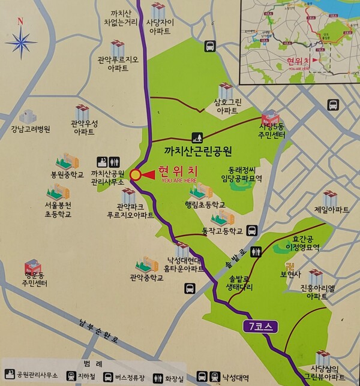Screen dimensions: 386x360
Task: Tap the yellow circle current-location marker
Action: tap(136, 174)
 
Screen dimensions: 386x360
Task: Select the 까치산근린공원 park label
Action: tap(197, 150)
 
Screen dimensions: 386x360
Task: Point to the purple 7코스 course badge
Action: tap(260, 327)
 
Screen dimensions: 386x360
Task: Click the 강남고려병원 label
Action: tap(30, 129)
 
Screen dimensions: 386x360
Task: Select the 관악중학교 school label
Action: tap(146, 278)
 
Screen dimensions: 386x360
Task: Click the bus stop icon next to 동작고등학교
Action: tap(253, 230)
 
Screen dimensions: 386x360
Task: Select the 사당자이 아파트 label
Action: tap(159, 29)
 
